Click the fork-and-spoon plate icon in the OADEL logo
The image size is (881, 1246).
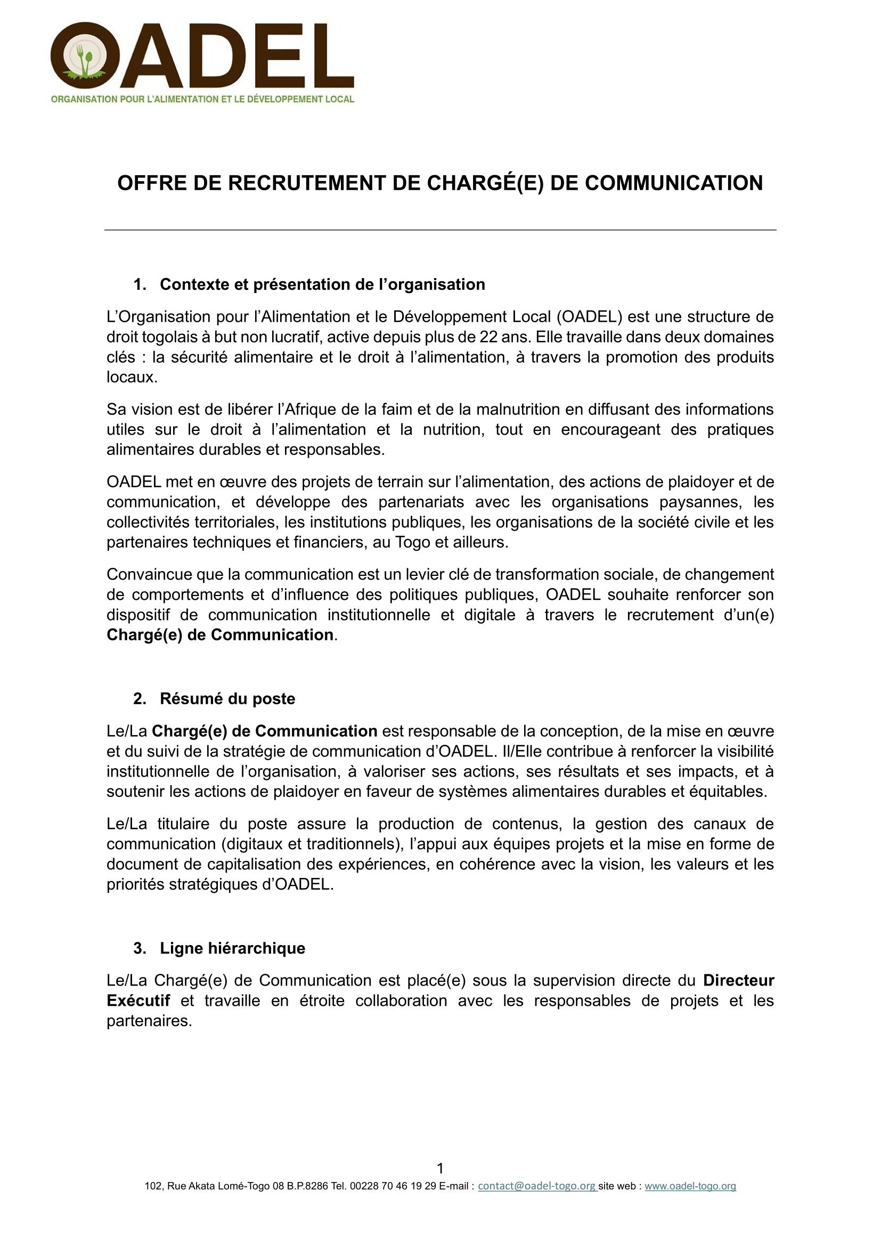click(x=84, y=56)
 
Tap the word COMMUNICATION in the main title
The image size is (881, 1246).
click(x=674, y=183)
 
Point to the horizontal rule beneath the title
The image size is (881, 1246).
click(x=440, y=230)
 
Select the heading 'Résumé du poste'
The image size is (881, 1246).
click(x=227, y=699)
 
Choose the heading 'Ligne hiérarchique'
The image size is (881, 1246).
click(x=232, y=949)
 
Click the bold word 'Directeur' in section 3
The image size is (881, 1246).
click(x=738, y=981)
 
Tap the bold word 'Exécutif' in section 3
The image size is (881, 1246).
click(x=138, y=1001)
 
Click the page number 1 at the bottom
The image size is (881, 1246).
click(x=440, y=1168)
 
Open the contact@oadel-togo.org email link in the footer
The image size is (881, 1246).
click(x=536, y=1186)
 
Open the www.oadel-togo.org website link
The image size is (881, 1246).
click(x=690, y=1186)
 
